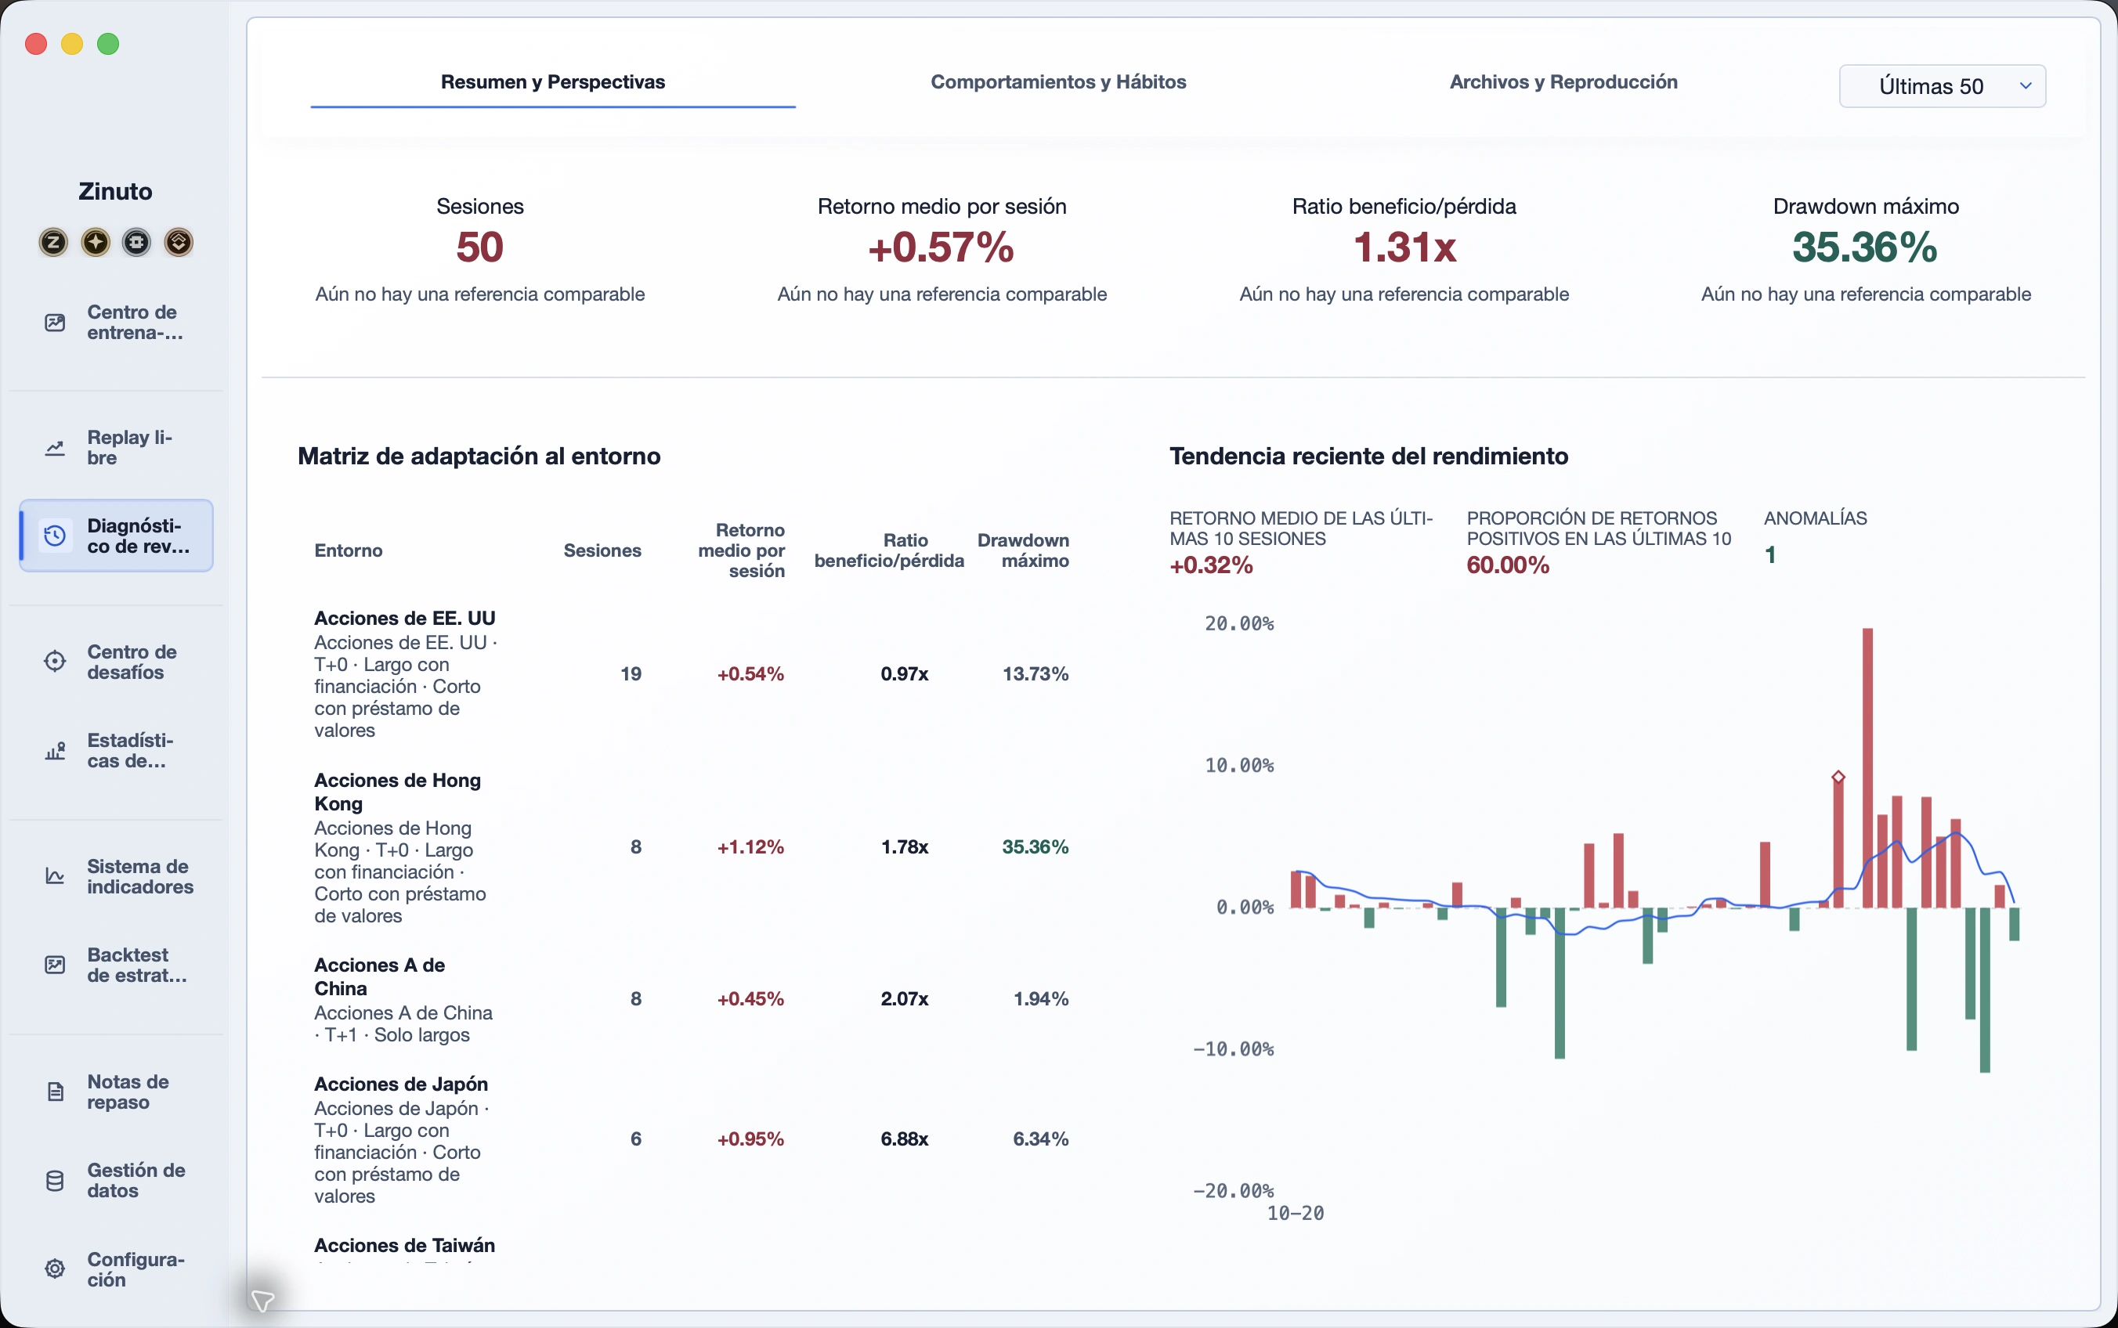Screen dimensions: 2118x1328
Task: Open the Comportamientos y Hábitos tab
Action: pyautogui.click(x=1057, y=81)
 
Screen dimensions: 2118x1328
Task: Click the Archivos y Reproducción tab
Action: pyautogui.click(x=1563, y=81)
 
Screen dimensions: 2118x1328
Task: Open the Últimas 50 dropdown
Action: pyautogui.click(x=1943, y=86)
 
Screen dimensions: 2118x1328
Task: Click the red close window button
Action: pyautogui.click(x=36, y=44)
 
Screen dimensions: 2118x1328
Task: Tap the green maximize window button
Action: pyautogui.click(x=108, y=44)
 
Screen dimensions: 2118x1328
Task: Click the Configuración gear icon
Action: pyautogui.click(x=55, y=1269)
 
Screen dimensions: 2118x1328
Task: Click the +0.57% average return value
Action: pyautogui.click(x=941, y=247)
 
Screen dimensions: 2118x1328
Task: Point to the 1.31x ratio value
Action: pyautogui.click(x=1404, y=247)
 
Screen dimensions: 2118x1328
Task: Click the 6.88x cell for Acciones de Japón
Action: pyautogui.click(x=904, y=1139)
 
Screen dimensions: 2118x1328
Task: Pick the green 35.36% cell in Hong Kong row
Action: pyautogui.click(x=1035, y=846)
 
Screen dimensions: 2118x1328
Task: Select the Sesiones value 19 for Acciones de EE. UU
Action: pyautogui.click(x=631, y=673)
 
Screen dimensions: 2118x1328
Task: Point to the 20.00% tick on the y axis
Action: pyautogui.click(x=1238, y=623)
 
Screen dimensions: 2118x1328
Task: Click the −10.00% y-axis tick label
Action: pyautogui.click(x=1234, y=1048)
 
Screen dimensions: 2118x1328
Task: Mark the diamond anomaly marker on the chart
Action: pyautogui.click(x=1838, y=777)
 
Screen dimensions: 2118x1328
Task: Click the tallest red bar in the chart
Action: pyautogui.click(x=1867, y=767)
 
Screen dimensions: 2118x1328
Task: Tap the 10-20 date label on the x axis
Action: pyautogui.click(x=1295, y=1213)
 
